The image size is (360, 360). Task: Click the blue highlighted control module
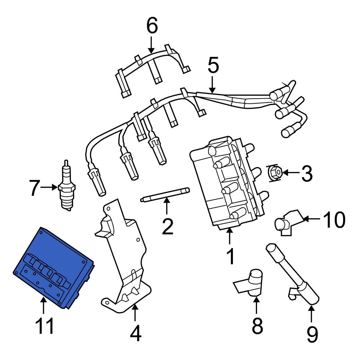54,266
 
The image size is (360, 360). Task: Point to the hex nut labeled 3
275,173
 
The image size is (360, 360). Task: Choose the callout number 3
306,173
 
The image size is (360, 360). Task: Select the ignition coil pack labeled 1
225,184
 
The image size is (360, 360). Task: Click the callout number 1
230,256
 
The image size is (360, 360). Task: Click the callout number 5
213,66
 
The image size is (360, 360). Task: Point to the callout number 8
257,326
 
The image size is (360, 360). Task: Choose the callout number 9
312,333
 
